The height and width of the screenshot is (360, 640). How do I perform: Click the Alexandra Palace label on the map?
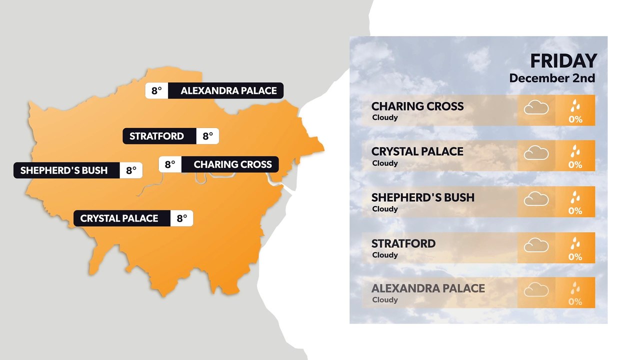pos(228,91)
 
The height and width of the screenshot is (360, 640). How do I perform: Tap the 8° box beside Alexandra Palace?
pos(156,91)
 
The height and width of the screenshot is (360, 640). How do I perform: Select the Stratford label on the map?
pos(156,136)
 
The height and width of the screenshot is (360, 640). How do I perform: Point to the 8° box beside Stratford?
pos(207,136)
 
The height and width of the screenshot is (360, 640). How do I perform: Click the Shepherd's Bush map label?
pos(64,170)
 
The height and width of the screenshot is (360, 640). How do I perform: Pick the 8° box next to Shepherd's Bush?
pos(131,170)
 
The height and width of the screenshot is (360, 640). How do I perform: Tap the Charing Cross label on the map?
pos(232,164)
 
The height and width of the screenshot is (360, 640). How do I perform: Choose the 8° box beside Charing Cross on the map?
pos(170,164)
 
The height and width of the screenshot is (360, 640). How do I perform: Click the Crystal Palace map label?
pos(119,218)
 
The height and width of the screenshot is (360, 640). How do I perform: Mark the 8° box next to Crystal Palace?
pos(181,218)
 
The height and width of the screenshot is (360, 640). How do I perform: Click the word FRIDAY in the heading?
pos(563,61)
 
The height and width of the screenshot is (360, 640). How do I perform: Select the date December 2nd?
pos(552,78)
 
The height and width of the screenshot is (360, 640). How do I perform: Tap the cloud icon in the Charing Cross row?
pos(536,107)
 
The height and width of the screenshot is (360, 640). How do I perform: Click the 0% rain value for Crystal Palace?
pos(575,165)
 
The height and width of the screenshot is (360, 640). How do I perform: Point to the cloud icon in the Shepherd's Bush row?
pos(536,199)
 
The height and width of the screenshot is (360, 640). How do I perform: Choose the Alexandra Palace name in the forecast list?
pos(428,288)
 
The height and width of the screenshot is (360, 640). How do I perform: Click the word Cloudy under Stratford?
pos(385,255)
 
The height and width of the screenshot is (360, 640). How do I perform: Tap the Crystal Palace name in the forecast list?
pos(417,151)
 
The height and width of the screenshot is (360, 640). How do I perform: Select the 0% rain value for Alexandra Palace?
pos(575,302)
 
